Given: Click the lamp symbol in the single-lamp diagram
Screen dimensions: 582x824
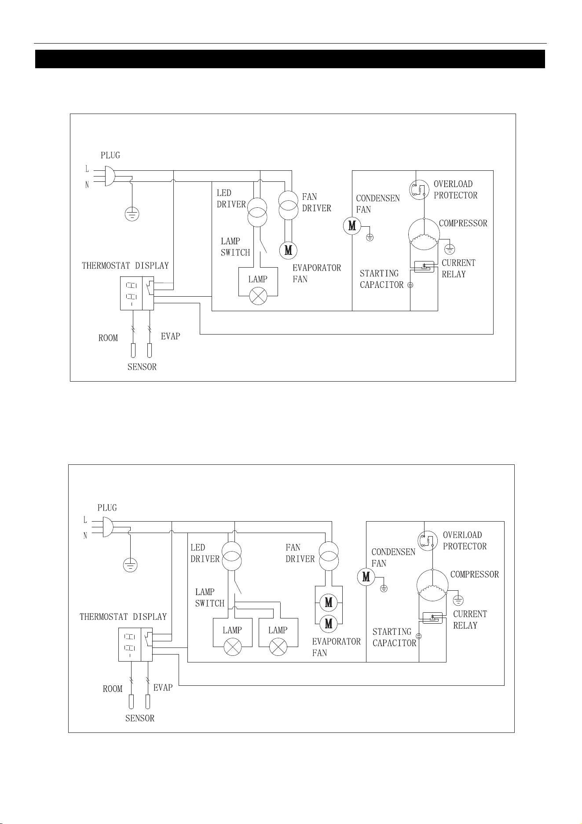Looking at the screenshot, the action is pos(258,296).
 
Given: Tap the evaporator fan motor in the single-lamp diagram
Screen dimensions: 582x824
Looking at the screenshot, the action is pos(288,250).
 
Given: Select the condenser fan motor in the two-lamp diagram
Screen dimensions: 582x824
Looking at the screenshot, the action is pos(366,577).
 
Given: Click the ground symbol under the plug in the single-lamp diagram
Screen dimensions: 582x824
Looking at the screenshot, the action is pos(132,214).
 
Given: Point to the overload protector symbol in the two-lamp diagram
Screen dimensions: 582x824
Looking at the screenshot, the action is pos(428,541).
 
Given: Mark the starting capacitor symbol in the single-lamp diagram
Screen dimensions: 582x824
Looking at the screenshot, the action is pos(410,285).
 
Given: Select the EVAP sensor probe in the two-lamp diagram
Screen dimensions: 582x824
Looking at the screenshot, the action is pos(148,701).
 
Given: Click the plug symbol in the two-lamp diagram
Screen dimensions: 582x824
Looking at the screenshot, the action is pos(107,527).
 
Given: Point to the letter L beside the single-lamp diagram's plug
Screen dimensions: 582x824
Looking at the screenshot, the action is pos(87,169).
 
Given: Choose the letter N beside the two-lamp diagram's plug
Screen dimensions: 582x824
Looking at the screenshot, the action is pos(85,536).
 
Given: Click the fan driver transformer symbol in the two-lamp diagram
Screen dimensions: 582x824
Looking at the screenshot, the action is pos(329,556).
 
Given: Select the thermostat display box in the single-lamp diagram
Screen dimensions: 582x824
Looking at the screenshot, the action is pos(137,293).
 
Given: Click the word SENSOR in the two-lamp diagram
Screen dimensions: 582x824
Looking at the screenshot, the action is pos(140,718).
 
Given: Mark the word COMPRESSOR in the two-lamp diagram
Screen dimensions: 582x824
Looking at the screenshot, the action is pos(475,574).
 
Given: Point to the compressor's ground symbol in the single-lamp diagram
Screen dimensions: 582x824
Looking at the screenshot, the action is pos(450,250).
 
